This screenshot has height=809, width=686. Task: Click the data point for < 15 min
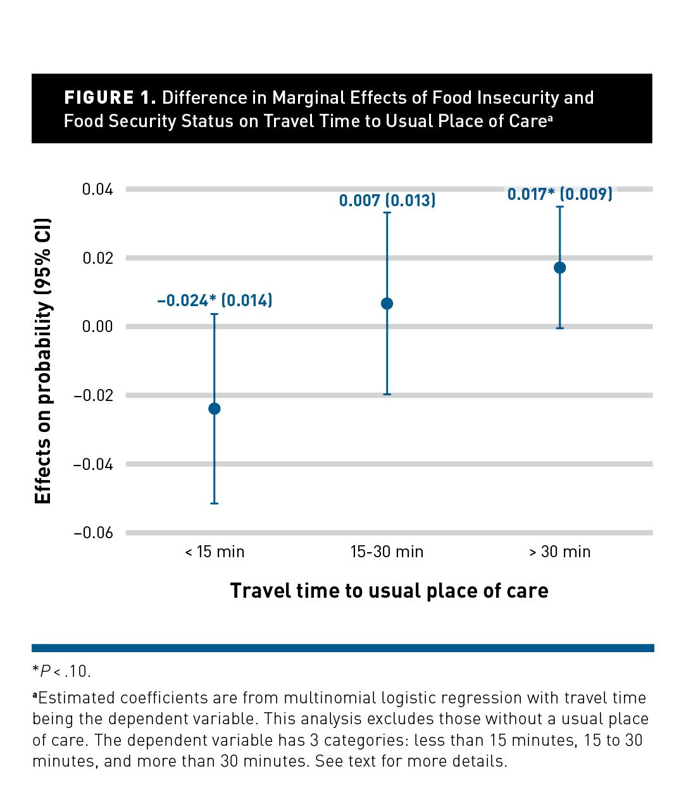click(214, 409)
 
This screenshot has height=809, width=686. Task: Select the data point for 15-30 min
click(387, 304)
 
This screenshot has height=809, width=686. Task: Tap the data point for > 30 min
click(559, 268)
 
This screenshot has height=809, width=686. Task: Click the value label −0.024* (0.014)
click(215, 300)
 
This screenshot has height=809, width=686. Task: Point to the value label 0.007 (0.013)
click(387, 201)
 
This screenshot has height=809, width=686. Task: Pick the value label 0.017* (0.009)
click(559, 194)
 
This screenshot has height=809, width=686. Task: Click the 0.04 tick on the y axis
click(97, 189)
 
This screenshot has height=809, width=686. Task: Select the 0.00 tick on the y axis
click(97, 326)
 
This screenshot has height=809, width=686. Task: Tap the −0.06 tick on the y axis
click(93, 533)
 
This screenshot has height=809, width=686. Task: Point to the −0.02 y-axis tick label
click(93, 395)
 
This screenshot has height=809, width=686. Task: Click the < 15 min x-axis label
click(215, 552)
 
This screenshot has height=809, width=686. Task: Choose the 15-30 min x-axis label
click(387, 552)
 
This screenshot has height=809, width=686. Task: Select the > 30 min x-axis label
click(559, 552)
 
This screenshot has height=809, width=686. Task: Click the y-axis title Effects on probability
click(42, 361)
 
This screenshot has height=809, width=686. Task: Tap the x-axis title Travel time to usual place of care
click(389, 590)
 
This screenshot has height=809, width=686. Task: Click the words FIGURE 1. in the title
click(109, 98)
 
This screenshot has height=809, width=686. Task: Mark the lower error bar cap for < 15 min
click(214, 503)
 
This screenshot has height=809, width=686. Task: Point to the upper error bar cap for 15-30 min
click(387, 213)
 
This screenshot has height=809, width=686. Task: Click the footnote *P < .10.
click(61, 670)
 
